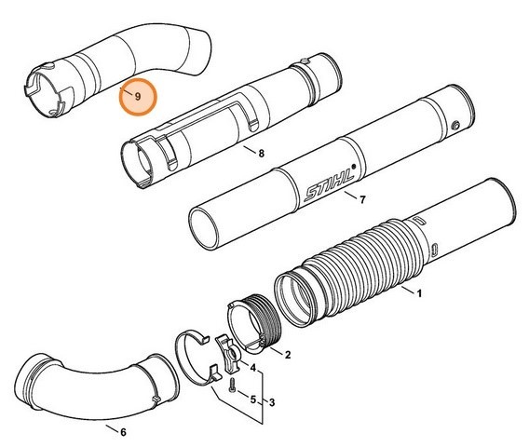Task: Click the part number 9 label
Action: tap(137, 96)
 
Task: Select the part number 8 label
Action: tap(261, 153)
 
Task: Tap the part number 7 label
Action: tap(362, 199)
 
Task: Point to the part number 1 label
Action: tap(419, 294)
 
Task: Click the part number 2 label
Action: tap(288, 355)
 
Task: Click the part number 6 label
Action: tap(125, 430)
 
